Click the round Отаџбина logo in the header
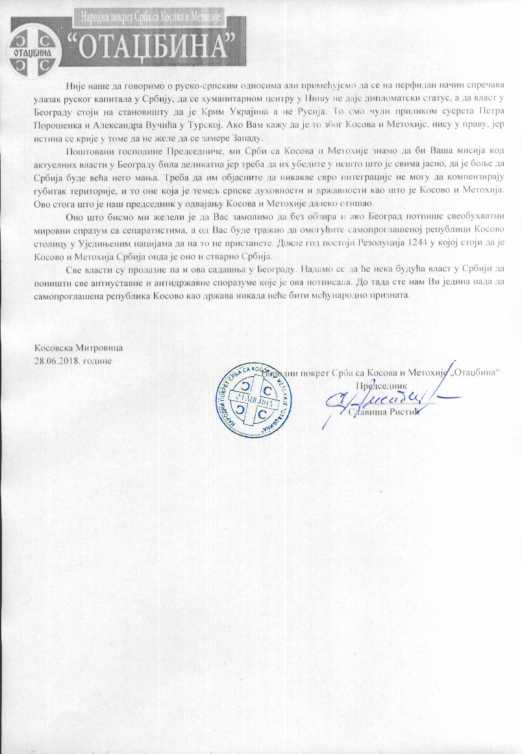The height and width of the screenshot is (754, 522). click(31, 40)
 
